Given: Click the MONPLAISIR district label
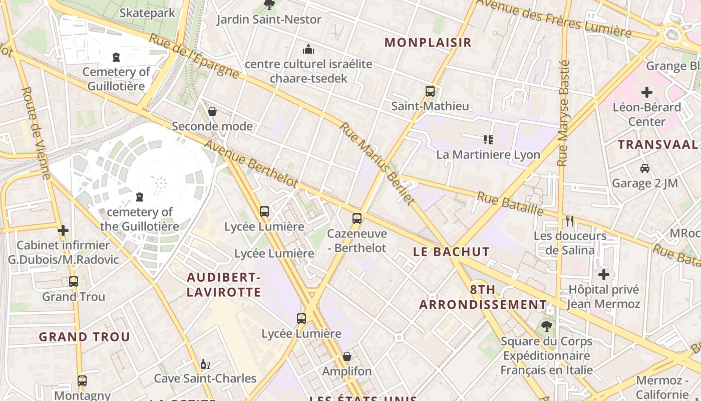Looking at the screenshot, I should click(x=428, y=43).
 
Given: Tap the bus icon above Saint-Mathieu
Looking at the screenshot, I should click(x=430, y=91).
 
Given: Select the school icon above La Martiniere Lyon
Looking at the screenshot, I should click(x=488, y=139).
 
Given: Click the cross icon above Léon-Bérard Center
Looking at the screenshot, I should click(x=647, y=92).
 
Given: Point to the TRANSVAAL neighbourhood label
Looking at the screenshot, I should click(x=658, y=145).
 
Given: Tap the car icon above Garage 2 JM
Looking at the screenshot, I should click(x=645, y=168).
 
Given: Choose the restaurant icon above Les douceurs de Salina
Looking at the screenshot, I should click(x=569, y=221).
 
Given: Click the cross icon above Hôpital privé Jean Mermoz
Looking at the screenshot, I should click(x=604, y=275).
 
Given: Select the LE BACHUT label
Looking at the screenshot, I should click(x=452, y=252).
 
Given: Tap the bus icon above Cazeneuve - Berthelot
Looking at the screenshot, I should click(x=357, y=219).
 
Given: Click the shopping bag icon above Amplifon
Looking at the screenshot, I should click(x=346, y=356).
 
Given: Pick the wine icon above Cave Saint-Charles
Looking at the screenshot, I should click(x=204, y=364).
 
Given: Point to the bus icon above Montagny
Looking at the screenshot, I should click(x=82, y=381).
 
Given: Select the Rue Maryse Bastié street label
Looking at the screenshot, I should click(x=564, y=113).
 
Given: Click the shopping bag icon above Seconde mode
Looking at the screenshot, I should click(x=212, y=111).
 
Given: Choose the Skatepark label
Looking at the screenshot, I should click(x=148, y=13).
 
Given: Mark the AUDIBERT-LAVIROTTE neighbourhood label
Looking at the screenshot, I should click(x=224, y=285).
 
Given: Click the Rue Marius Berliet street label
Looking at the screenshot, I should click(x=378, y=163).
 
